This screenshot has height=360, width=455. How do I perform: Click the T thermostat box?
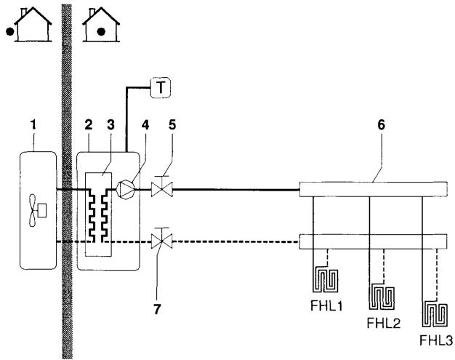(x=158, y=89)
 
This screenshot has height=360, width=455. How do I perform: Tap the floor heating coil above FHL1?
(x=324, y=277)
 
